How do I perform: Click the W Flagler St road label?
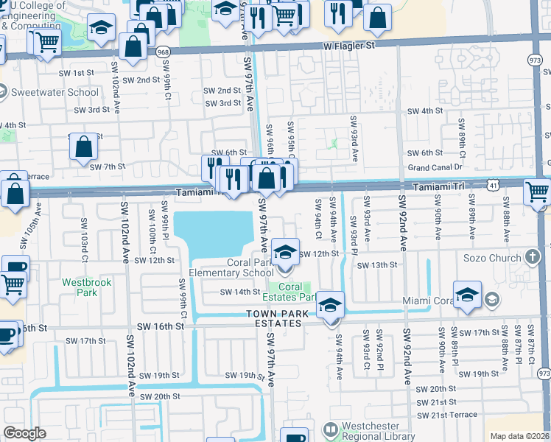[x=348, y=46]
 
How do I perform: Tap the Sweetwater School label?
[x=55, y=93]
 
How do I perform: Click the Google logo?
[x=25, y=433]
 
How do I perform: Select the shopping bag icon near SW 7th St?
[x=84, y=147]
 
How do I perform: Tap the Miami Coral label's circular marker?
[x=492, y=301]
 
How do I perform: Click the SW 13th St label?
[x=376, y=264]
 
